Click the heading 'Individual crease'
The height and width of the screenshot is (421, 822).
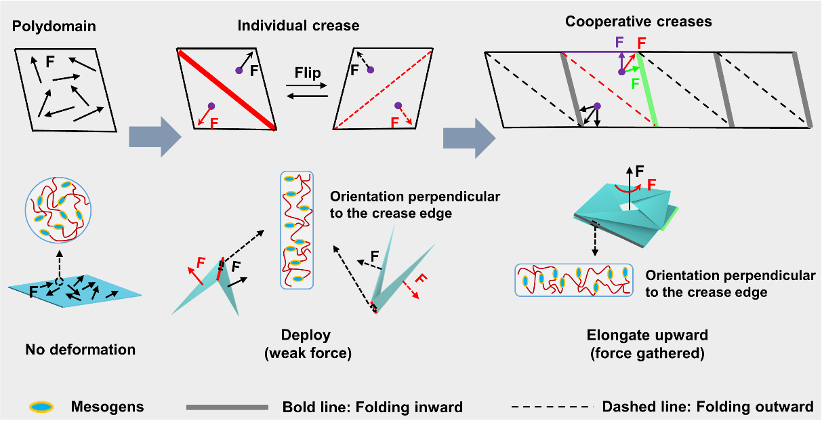(298, 26)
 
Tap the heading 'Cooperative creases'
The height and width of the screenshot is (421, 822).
(638, 22)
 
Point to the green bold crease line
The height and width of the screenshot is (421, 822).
(647, 88)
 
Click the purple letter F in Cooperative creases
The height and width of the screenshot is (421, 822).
(619, 41)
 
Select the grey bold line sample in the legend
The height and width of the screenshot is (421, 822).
(228, 407)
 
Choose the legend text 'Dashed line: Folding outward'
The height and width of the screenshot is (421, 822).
(707, 407)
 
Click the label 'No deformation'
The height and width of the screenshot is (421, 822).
(80, 350)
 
